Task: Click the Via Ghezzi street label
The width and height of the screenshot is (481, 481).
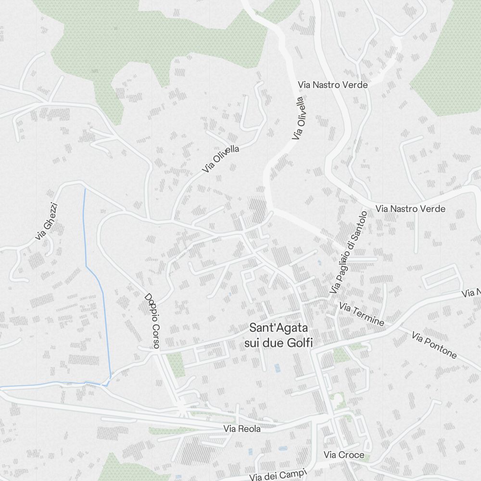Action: pyautogui.click(x=47, y=221)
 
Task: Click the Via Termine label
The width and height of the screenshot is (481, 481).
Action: pyautogui.click(x=361, y=313)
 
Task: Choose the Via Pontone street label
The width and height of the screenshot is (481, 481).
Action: pyautogui.click(x=434, y=344)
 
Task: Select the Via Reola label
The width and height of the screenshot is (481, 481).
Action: pyautogui.click(x=241, y=429)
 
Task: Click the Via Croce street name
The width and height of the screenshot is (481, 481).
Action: pyautogui.click(x=343, y=455)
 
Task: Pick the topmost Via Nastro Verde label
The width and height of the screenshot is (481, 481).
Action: pyautogui.click(x=333, y=85)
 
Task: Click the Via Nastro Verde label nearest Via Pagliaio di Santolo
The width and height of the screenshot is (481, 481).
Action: pyautogui.click(x=410, y=209)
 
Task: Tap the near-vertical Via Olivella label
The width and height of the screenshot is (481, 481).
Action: pyautogui.click(x=299, y=118)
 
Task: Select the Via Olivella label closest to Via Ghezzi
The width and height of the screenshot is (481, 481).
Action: pyautogui.click(x=220, y=159)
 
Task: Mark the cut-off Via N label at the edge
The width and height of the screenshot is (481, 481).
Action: pyautogui.click(x=471, y=292)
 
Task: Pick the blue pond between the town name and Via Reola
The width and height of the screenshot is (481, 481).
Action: pyautogui.click(x=277, y=368)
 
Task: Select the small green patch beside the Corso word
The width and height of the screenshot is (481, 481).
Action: pyautogui.click(x=176, y=364)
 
